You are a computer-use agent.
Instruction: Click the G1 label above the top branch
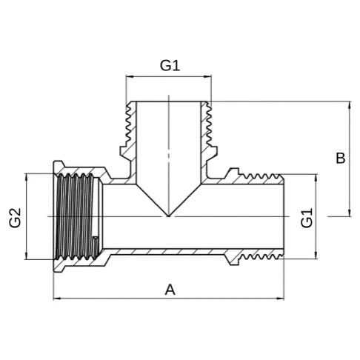(170, 65)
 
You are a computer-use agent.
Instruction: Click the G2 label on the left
(15, 218)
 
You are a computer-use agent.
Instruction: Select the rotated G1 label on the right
(307, 218)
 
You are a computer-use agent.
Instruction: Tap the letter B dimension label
(341, 159)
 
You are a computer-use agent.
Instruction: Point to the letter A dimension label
(170, 290)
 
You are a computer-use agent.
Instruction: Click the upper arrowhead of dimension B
(350, 105)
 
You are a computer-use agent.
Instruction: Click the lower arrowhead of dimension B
(350, 213)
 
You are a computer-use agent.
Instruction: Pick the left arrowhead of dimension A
(57, 299)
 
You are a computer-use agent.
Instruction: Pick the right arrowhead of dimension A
(281, 299)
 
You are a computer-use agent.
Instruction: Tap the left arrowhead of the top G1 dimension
(130, 76)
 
